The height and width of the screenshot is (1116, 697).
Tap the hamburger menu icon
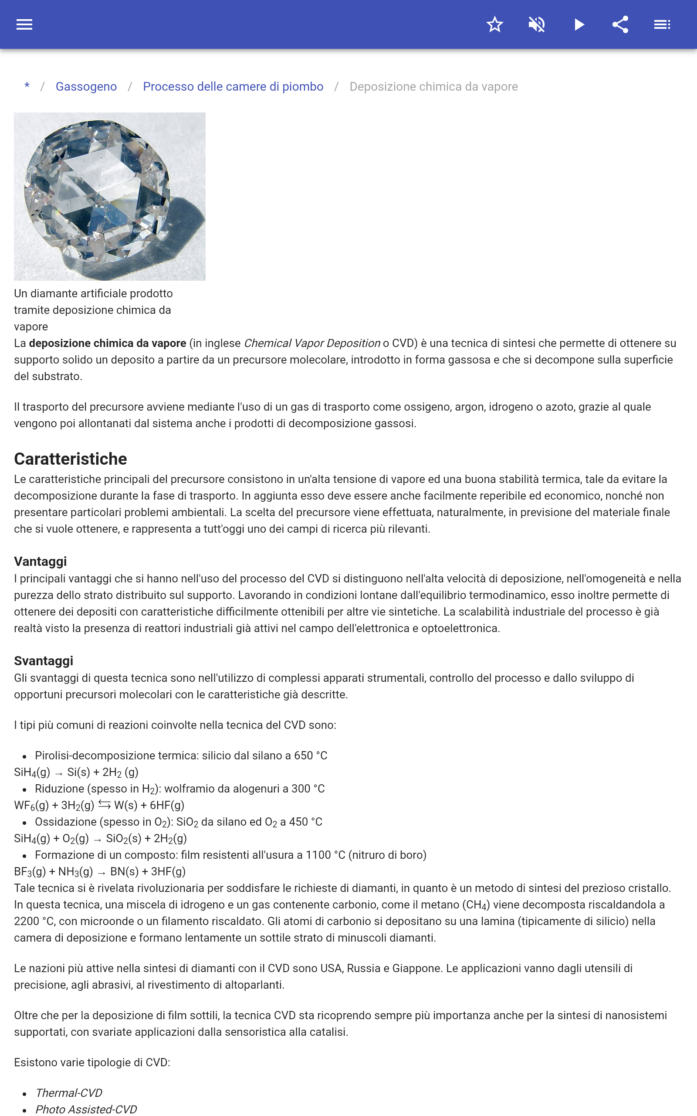[24, 24]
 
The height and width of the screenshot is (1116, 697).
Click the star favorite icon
[494, 24]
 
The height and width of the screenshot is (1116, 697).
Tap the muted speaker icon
[537, 24]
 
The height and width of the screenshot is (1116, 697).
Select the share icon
[620, 24]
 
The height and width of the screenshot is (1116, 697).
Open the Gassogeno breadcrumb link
[86, 87]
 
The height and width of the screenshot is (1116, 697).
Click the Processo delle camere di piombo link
[233, 87]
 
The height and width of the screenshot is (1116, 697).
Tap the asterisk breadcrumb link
[27, 86]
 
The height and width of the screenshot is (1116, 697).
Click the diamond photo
[110, 197]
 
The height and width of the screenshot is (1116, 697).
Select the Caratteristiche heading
[71, 459]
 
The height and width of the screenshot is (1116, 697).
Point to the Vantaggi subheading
[41, 561]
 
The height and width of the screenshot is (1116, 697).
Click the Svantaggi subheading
[44, 661]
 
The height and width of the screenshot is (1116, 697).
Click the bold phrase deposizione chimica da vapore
[108, 343]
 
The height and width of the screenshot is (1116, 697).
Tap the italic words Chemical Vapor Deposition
[312, 343]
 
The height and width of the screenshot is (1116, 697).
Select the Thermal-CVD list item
[69, 1092]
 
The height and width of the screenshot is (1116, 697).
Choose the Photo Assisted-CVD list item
[86, 1109]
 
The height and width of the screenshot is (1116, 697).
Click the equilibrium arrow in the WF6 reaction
[104, 805]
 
